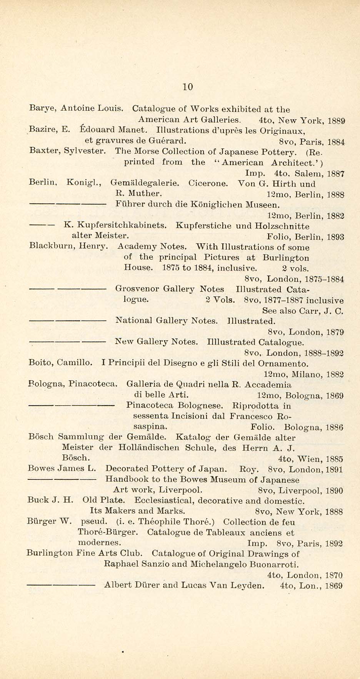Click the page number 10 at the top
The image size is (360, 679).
pyautogui.click(x=188, y=87)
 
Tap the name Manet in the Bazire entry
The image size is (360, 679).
pyautogui.click(x=131, y=130)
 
